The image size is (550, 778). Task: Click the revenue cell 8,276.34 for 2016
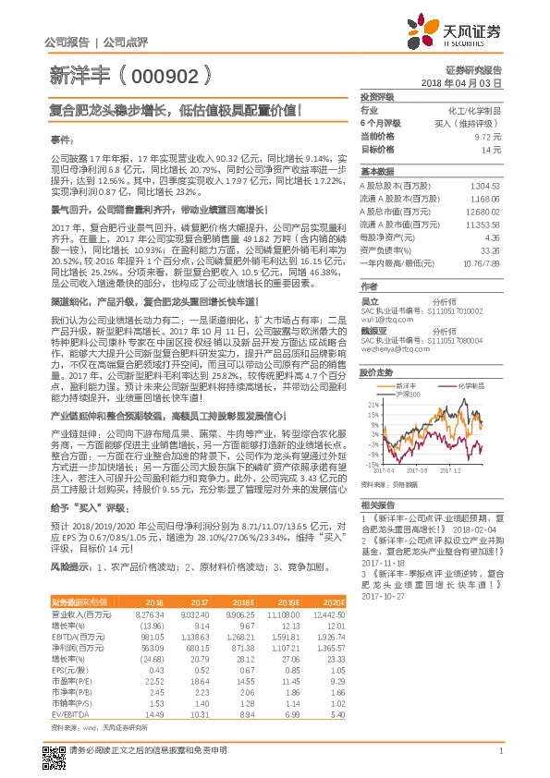pyautogui.click(x=149, y=613)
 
